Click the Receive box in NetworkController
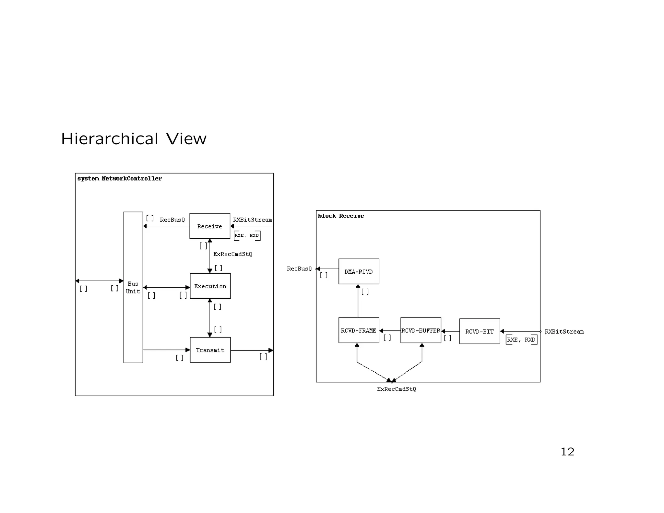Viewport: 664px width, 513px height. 209,226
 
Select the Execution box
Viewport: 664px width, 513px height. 210,286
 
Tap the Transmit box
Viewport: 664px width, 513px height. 210,350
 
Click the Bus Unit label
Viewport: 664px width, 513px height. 133,288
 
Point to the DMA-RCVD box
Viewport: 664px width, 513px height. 359,271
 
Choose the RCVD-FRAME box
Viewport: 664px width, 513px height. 359,330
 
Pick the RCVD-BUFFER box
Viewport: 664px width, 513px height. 421,330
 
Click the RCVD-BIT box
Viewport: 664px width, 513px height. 480,331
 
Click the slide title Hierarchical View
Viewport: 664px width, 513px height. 134,139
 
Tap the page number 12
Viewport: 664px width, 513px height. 567,452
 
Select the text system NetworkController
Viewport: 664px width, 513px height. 119,179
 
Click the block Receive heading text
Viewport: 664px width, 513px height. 341,216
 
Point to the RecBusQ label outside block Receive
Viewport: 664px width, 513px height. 299,269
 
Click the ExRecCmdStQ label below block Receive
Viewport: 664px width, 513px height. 396,389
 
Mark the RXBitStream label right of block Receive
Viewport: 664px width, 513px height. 564,332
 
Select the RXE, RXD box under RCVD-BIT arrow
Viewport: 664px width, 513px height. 521,340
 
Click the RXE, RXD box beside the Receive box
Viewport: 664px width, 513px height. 247,235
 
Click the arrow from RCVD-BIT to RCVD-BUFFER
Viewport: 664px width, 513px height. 450,331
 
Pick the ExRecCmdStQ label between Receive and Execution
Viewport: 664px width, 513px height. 232,254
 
